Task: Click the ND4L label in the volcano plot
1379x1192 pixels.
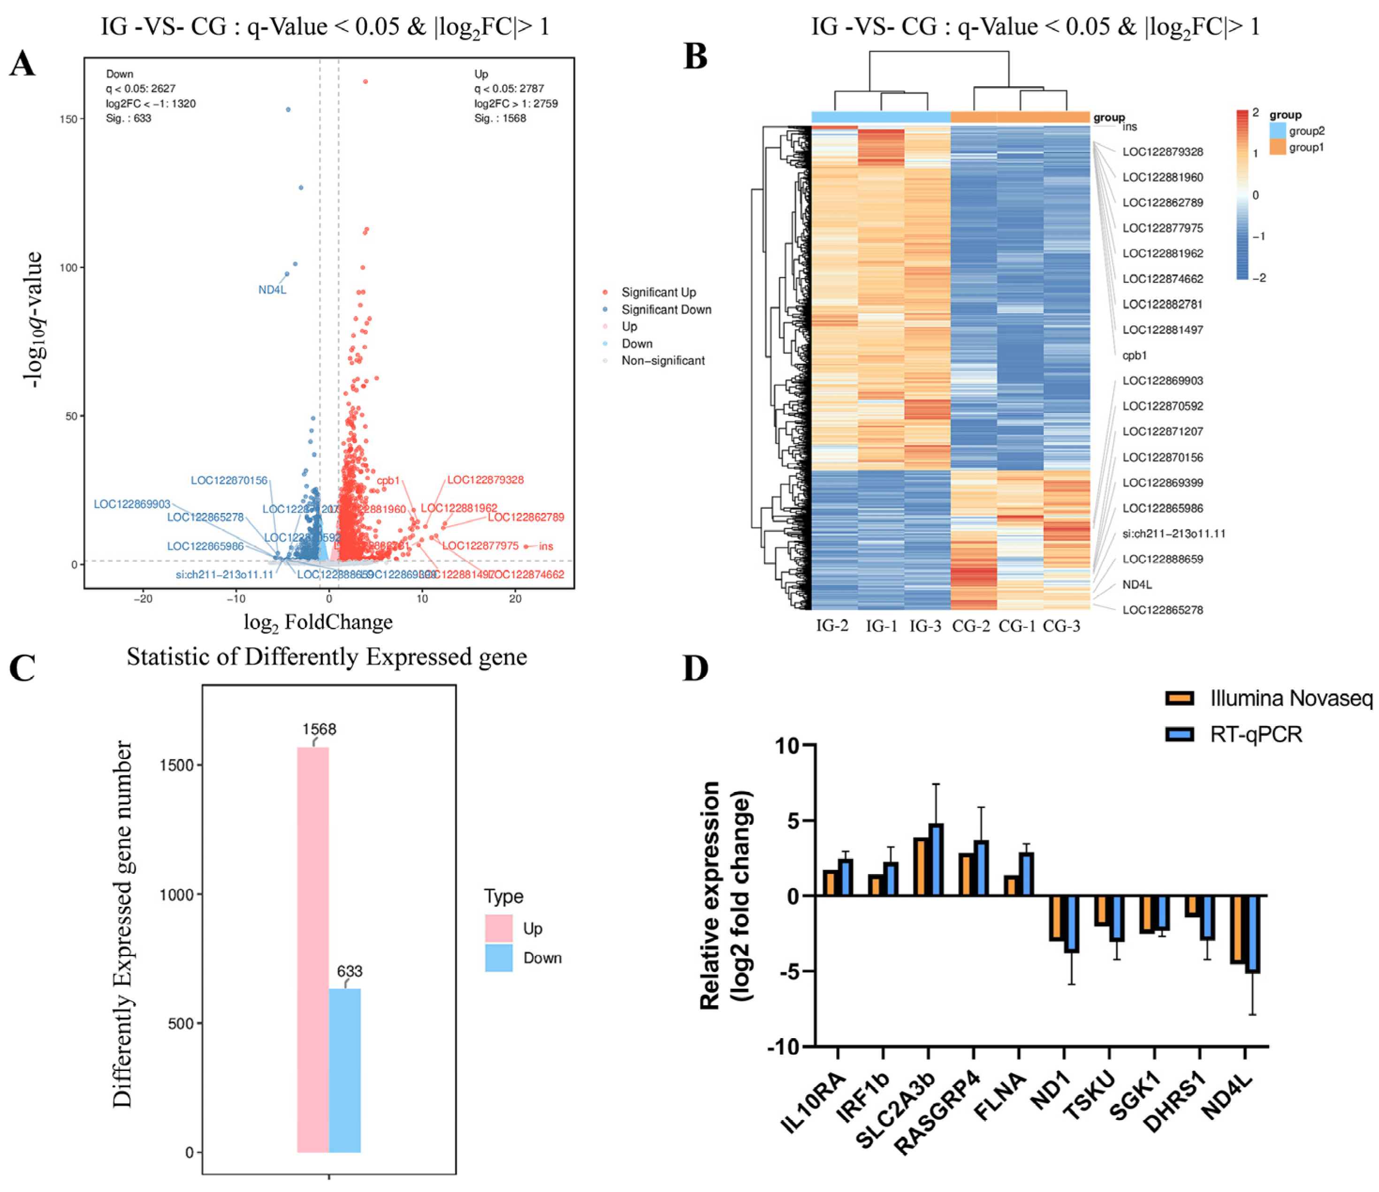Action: point(272,290)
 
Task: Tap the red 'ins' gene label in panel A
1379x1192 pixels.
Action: point(546,546)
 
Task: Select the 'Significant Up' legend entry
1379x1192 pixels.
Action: point(658,292)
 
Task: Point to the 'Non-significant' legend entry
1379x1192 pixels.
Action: point(663,361)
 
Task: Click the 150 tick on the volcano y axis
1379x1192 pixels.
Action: point(68,119)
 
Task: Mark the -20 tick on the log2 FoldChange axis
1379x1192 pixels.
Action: point(143,599)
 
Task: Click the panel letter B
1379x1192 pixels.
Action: point(695,57)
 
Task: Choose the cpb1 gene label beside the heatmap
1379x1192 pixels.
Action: point(1134,355)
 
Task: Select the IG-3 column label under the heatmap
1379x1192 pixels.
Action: point(926,626)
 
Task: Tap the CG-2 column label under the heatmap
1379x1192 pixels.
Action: point(971,626)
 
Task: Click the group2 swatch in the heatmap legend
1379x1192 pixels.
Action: point(1278,130)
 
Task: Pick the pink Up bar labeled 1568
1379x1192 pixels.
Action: point(313,951)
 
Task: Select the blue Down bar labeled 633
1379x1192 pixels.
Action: point(345,1071)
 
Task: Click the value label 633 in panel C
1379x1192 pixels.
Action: point(350,971)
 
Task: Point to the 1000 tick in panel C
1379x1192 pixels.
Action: point(176,895)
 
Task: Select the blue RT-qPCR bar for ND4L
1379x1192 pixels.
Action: point(1252,935)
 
